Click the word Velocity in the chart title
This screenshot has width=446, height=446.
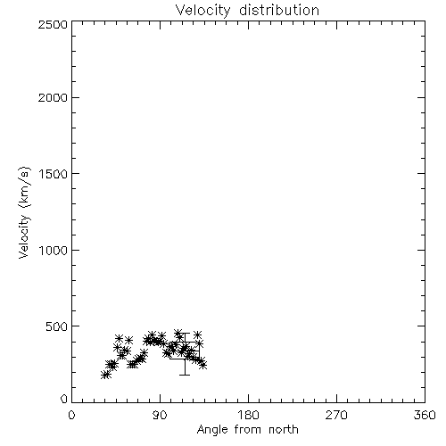(x=203, y=11)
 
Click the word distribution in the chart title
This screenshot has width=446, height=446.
(x=279, y=10)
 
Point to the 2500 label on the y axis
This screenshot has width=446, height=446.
(x=53, y=24)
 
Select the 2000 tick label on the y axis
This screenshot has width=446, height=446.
(x=53, y=97)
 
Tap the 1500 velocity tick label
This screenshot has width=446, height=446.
(x=54, y=174)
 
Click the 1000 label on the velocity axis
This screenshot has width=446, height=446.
(x=54, y=250)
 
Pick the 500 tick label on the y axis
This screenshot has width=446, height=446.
(x=57, y=326)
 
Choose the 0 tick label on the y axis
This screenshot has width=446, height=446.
(x=64, y=399)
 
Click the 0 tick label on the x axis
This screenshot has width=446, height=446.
(x=71, y=415)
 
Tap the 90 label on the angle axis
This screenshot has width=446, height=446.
(x=160, y=415)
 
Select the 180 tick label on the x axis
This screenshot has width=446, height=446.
(x=248, y=415)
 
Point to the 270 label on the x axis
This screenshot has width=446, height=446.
(x=336, y=415)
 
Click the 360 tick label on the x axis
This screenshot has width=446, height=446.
(x=425, y=415)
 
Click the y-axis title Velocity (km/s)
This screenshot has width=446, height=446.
(x=24, y=212)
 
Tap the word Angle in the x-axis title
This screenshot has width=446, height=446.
(x=212, y=430)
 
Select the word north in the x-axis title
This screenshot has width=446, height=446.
(x=284, y=429)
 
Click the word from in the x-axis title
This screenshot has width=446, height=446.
(x=248, y=429)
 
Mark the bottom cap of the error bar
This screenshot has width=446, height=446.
(x=185, y=375)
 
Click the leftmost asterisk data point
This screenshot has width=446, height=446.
(x=104, y=375)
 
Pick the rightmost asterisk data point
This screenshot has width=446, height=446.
(x=203, y=365)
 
